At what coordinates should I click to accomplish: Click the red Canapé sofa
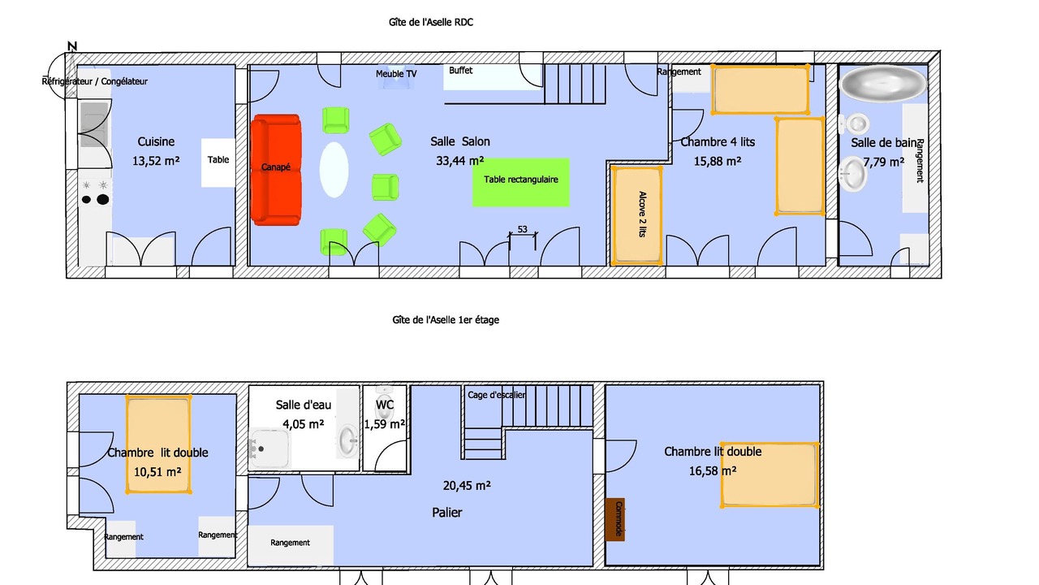tap(277, 170)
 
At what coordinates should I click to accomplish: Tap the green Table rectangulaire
tap(521, 182)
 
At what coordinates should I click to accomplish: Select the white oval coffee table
tap(334, 170)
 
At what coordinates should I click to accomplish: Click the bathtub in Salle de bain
tap(883, 83)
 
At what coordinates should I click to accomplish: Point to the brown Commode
tap(615, 519)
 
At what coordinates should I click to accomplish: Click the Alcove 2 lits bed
tap(637, 215)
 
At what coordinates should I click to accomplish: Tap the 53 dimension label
tap(522, 229)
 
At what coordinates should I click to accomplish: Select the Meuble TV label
tap(396, 74)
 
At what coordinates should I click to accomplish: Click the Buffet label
tap(460, 71)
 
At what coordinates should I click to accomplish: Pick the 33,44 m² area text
tap(459, 161)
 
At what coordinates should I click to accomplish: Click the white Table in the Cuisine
tap(218, 162)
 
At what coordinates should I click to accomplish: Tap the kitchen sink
tap(94, 124)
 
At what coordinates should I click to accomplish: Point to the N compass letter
tap(72, 46)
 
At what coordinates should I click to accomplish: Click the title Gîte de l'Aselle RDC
tap(431, 22)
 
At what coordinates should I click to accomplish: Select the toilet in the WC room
tap(384, 405)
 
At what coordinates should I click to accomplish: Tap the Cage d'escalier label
tap(496, 395)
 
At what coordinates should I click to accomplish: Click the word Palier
tap(446, 513)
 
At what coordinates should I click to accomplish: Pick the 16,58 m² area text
tap(713, 471)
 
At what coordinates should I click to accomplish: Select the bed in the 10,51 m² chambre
tap(158, 444)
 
